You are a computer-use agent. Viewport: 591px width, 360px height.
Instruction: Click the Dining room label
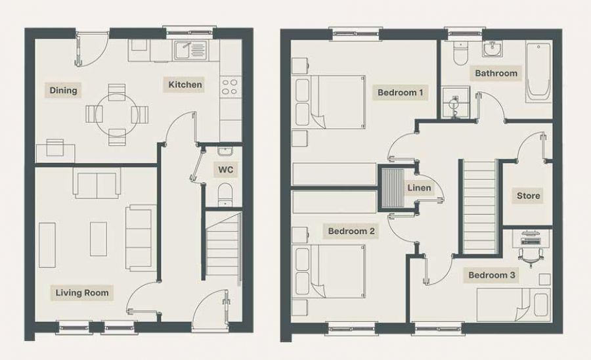63,91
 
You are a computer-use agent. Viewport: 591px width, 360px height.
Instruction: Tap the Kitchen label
185,85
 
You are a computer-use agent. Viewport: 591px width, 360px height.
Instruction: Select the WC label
225,169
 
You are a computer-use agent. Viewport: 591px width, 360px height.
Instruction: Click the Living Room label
82,292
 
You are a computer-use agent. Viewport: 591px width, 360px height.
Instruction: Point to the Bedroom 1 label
400,93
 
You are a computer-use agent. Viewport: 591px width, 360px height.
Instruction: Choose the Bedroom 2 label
351,231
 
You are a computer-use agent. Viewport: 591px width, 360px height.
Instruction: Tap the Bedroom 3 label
491,275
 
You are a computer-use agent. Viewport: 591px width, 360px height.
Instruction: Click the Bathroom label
496,73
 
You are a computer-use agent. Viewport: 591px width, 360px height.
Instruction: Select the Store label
528,195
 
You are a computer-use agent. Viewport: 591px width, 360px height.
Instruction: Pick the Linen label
419,188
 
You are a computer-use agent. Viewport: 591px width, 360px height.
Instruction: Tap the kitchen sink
190,48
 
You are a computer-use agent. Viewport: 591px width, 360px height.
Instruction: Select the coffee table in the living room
98,238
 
